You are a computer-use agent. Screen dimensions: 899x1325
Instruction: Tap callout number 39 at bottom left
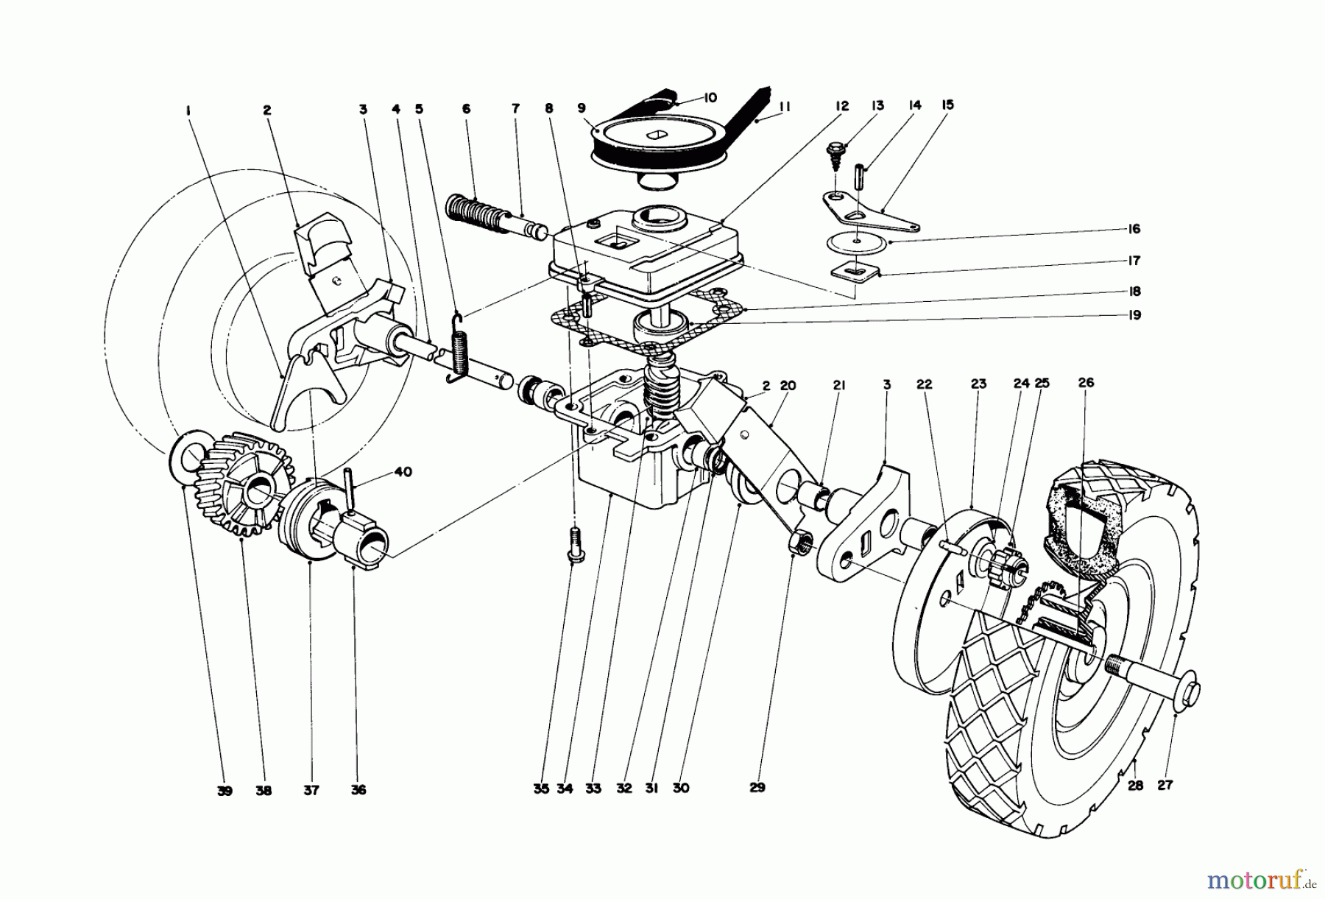(225, 791)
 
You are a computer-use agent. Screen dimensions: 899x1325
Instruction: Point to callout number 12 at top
(843, 106)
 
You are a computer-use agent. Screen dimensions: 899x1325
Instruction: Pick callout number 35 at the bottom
(541, 789)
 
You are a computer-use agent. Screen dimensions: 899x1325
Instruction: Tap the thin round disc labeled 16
(858, 241)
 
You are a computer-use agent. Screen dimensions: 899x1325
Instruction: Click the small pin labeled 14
(859, 179)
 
